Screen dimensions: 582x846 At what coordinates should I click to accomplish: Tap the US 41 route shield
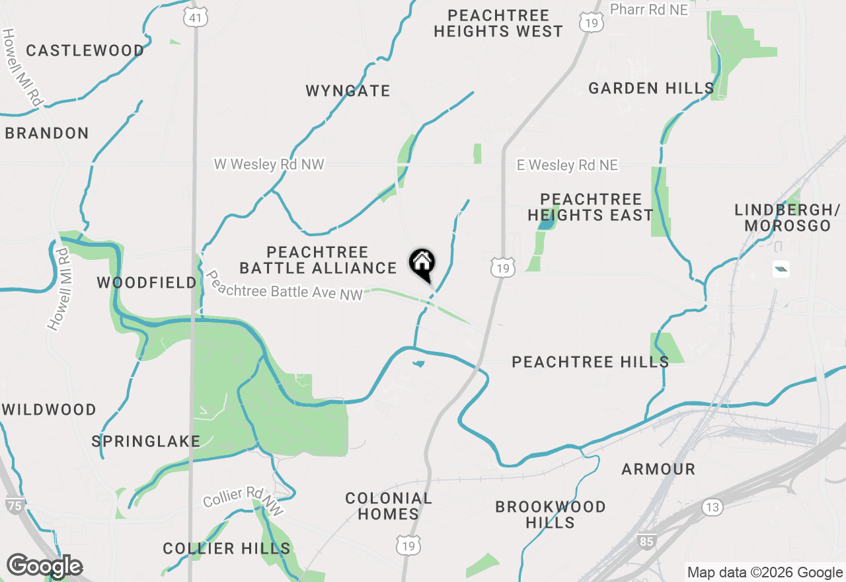196,18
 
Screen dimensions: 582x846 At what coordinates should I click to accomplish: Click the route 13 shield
712,508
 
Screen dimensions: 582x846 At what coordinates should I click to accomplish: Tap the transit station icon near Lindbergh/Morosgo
781,269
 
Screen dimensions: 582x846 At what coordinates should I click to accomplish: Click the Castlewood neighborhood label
85,51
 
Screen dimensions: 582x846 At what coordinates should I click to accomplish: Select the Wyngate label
348,91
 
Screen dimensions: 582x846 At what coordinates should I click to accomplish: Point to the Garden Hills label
651,89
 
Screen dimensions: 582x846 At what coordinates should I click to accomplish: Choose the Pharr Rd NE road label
649,9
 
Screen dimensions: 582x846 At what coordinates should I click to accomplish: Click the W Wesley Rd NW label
269,164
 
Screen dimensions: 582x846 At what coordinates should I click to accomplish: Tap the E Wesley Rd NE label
567,165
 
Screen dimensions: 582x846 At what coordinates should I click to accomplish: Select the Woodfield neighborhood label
147,283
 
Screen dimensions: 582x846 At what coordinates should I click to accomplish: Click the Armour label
658,470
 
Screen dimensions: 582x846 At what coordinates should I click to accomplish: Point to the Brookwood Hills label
551,515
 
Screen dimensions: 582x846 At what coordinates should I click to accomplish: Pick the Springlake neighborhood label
146,441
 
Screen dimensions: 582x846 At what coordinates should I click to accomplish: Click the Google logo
44,565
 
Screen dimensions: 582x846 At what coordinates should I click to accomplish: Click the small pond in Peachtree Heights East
545,224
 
